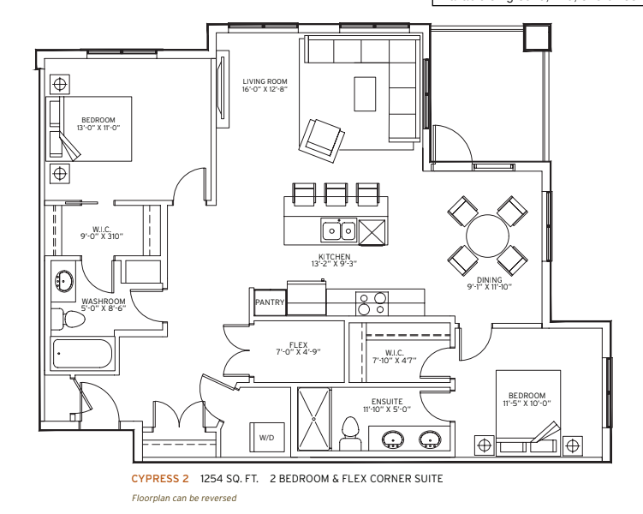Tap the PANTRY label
click(x=270, y=302)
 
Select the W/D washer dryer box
click(x=265, y=438)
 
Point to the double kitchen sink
click(x=339, y=230)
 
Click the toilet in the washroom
click(x=71, y=320)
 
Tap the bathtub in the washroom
click(x=82, y=352)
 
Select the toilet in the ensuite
click(x=349, y=433)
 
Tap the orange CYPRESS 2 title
click(x=161, y=478)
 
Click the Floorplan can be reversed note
click(x=183, y=498)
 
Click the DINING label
click(x=491, y=279)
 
